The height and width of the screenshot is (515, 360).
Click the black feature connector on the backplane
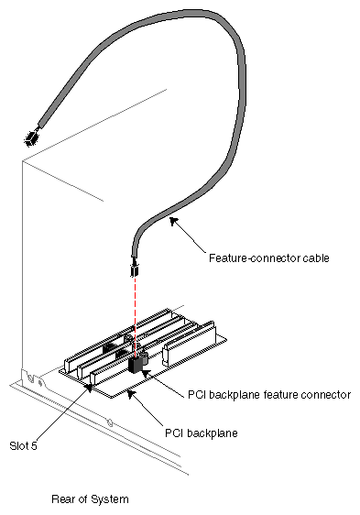point(138,364)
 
